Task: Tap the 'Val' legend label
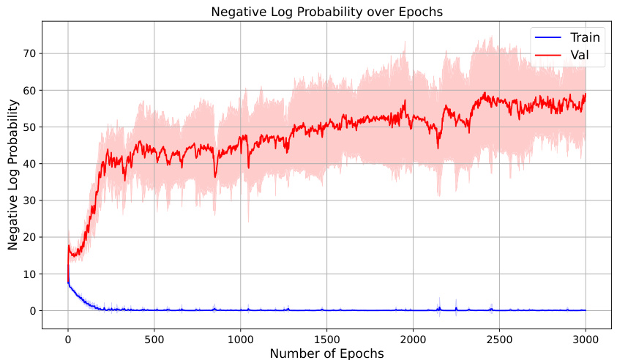click(580, 54)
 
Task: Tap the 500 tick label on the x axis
click(154, 339)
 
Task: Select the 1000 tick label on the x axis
click(240, 339)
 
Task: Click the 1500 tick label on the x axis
click(326, 339)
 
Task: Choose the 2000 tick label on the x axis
click(413, 339)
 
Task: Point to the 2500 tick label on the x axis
click(499, 339)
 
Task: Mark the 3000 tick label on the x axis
click(586, 339)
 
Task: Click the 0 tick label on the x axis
click(68, 339)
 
